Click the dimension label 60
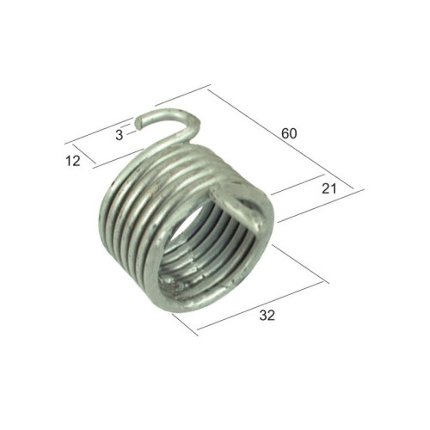point(289,133)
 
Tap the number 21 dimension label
point(329,189)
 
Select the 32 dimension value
point(267,316)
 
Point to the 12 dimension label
point(73,161)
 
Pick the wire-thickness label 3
point(120,135)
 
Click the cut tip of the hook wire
point(138,123)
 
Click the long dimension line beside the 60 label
point(280,139)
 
